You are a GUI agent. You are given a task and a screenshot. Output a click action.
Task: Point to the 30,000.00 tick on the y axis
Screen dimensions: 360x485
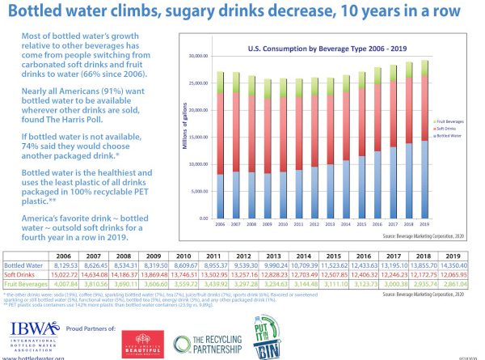[x=197, y=57]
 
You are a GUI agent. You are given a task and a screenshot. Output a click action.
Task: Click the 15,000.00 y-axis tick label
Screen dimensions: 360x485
[x=197, y=138]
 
